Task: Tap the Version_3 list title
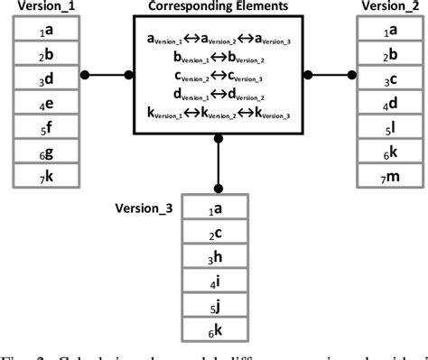coord(146,207)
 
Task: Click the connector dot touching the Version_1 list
coord(83,76)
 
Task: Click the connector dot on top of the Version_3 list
coord(218,189)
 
